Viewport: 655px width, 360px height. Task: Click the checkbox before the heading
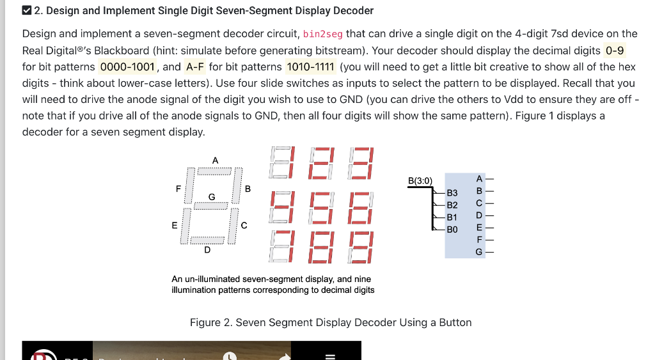26,10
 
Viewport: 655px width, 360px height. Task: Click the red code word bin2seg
323,34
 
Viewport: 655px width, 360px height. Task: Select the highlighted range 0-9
614,51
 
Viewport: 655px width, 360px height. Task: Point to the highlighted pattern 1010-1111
310,67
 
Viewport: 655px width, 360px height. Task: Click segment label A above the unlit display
215,160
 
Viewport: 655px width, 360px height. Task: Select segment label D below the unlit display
207,250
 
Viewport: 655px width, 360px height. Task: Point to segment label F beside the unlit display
178,189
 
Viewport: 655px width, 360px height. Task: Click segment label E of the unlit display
174,225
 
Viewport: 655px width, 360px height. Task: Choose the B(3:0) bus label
420,181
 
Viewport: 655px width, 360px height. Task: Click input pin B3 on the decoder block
452,192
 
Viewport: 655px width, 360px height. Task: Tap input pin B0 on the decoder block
452,229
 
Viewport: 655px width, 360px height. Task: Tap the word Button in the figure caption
455,322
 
